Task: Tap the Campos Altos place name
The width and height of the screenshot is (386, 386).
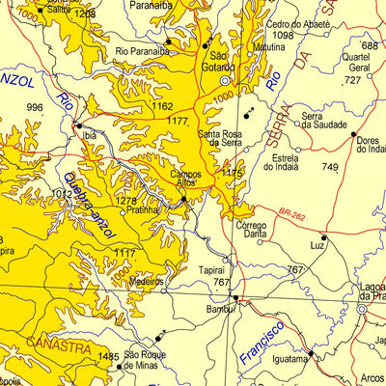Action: (185, 180)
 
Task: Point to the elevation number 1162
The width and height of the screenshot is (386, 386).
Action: (162, 106)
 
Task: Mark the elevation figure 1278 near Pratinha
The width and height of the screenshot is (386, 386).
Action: (126, 201)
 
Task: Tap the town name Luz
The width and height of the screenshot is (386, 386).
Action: (317, 246)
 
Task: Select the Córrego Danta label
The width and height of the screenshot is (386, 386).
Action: (251, 230)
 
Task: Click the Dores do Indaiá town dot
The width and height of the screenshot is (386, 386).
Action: (353, 135)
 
